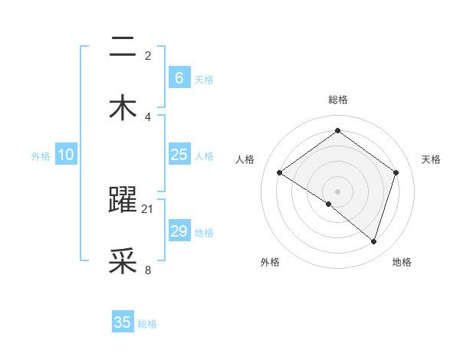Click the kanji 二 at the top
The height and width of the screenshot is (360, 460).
(x=123, y=47)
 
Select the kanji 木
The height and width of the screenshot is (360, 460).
(x=123, y=108)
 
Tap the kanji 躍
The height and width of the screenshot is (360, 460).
(x=123, y=201)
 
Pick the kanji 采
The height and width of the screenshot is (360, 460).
(x=123, y=261)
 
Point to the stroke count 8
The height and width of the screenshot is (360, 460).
(x=148, y=270)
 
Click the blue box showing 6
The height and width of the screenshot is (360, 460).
(x=179, y=78)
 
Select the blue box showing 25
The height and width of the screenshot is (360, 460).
(x=179, y=155)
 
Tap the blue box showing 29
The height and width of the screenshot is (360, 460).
(x=179, y=231)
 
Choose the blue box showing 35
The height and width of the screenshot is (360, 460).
(x=123, y=322)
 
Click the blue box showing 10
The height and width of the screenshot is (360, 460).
(x=66, y=155)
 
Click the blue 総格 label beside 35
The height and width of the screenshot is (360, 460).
(x=147, y=324)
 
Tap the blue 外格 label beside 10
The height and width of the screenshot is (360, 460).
(x=41, y=156)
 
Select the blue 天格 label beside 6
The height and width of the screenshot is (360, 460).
(x=204, y=80)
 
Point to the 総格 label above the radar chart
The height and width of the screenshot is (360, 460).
(x=337, y=100)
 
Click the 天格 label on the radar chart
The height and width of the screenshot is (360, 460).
(x=431, y=159)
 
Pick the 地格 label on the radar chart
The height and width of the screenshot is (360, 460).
(x=402, y=262)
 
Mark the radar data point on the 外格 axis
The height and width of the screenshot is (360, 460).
(x=329, y=204)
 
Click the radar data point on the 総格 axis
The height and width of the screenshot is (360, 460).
(x=337, y=131)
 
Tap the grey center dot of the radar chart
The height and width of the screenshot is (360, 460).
(x=337, y=191)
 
